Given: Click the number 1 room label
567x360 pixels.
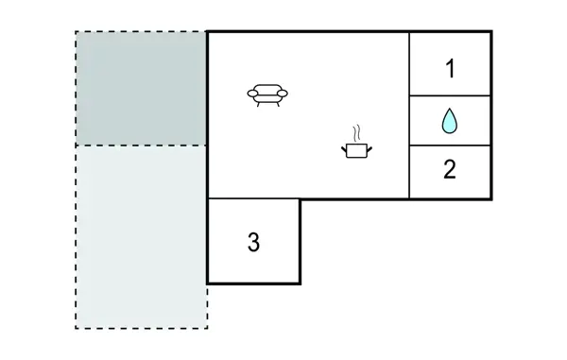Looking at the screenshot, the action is pos(450,68).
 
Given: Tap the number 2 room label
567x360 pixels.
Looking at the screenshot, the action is pos(450,170).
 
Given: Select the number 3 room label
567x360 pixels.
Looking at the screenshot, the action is pos(253,242).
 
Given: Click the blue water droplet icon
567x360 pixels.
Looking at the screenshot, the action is pos(450,121).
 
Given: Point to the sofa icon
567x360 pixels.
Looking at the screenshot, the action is pos(267,94).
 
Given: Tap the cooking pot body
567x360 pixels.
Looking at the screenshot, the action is pos(356,149).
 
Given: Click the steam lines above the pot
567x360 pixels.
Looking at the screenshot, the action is pos(356,132).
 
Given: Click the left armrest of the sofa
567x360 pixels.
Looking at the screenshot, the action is pos(251,93).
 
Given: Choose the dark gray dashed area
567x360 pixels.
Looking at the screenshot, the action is pos(141,89).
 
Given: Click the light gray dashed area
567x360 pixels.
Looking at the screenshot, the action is pos(141,236).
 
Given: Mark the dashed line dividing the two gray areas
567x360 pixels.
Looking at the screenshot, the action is pos(141,146).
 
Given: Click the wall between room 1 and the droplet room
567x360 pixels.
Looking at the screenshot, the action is pos(450,95).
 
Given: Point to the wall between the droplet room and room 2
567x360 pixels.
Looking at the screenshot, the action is pos(450,146).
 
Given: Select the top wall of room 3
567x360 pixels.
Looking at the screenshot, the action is pos(253,198).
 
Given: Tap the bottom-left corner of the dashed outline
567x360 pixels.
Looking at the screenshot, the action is pos(77,328).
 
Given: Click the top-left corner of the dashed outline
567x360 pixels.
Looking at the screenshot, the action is pos(77,32).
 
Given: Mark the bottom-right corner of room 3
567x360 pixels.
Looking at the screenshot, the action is pos(300,283).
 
